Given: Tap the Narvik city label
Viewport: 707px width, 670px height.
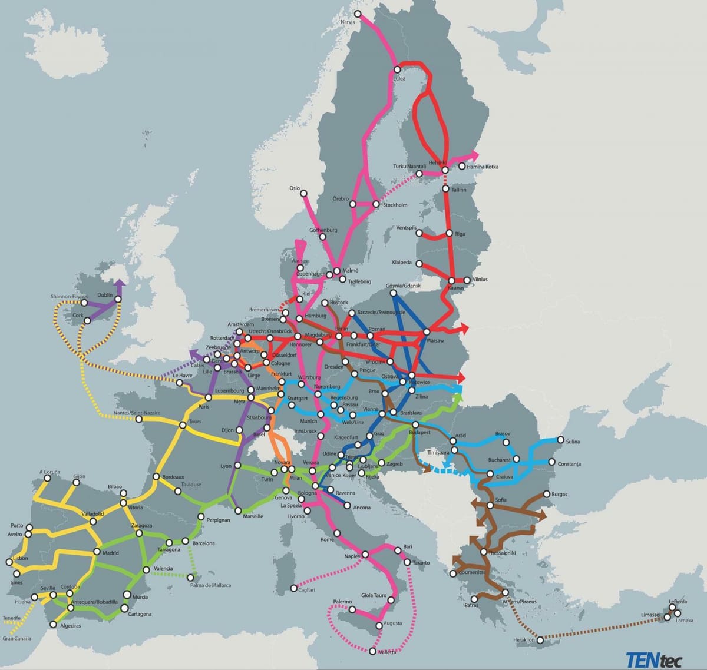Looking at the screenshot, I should click(348, 22).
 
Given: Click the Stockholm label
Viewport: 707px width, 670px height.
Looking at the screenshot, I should click(395, 205).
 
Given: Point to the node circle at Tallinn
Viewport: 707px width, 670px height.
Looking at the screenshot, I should click(445, 189).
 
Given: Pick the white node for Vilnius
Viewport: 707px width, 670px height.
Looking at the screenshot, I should click(467, 280).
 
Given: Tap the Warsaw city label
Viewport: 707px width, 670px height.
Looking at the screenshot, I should click(435, 341).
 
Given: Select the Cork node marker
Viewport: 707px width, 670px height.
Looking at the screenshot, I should click(87, 321).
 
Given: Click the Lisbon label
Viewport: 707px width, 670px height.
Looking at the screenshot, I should click(20, 558).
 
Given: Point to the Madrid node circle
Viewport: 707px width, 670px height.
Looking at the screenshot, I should click(97, 552).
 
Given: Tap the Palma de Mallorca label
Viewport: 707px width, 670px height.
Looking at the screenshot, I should click(210, 585).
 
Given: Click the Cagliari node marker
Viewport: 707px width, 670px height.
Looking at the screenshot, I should click(294, 588).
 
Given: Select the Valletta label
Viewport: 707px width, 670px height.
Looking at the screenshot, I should click(387, 653).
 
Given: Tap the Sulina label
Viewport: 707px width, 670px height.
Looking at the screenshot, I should click(573, 442).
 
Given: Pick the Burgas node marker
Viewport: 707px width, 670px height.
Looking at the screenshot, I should click(546, 494).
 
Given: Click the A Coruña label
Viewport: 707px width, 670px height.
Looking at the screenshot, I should click(49, 472).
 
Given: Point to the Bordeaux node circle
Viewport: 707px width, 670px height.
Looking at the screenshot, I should click(156, 477).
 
